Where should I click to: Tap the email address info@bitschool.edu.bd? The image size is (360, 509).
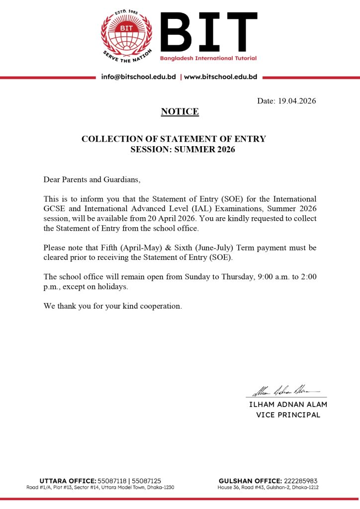[138, 77]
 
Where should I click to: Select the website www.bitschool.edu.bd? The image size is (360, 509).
[220, 77]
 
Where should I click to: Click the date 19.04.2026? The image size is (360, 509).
[296, 101]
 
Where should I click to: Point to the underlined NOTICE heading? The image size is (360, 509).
[180, 112]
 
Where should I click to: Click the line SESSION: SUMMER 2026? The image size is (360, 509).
[182, 149]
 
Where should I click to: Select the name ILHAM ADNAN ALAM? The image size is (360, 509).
[288, 405]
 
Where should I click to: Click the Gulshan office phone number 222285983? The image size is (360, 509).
[300, 481]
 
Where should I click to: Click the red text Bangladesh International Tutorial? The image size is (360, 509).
[208, 59]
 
